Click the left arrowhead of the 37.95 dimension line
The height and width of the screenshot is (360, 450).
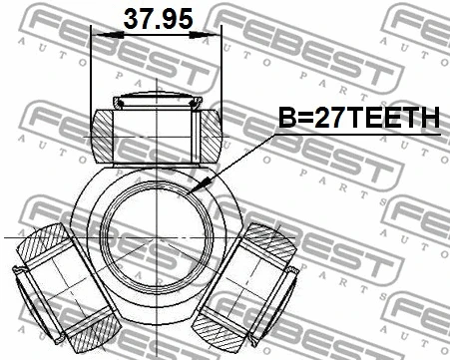pyautogui.click(x=97, y=35)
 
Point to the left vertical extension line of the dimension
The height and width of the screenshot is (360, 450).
pyautogui.click(x=91, y=70)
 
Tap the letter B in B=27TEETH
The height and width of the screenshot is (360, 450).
pyautogui.click(x=284, y=119)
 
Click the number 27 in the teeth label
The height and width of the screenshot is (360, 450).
pyautogui.click(x=330, y=119)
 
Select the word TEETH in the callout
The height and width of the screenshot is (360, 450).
pyautogui.click(x=395, y=119)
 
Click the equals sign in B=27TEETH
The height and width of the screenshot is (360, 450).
pyautogui.click(x=304, y=119)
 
